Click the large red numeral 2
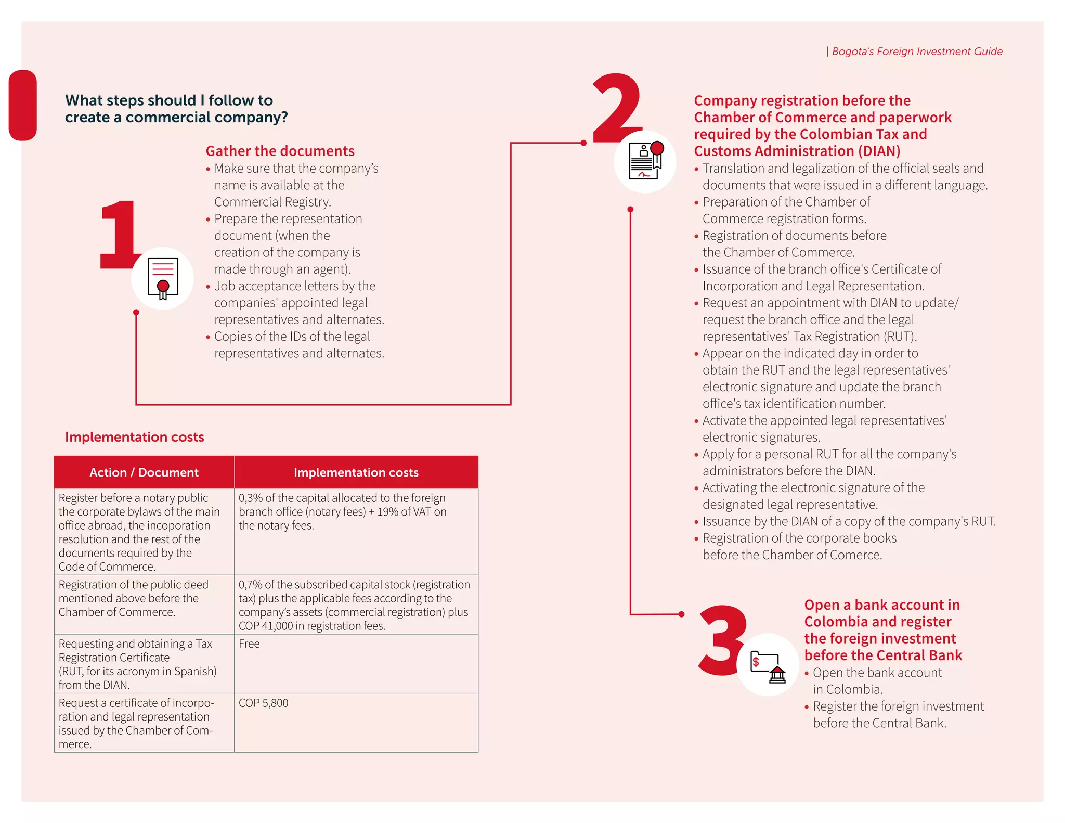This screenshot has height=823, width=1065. pos(617,109)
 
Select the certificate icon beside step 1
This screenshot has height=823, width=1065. pos(163,279)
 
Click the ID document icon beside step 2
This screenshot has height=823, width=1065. pos(645,161)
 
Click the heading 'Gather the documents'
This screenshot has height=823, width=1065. pos(280,151)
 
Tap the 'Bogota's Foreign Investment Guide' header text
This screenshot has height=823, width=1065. pos(916,52)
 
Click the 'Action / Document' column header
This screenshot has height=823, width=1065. pos(144,472)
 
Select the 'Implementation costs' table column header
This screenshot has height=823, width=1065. pos(356,472)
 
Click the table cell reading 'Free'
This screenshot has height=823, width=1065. pos(250,644)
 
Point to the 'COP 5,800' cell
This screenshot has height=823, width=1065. pos(263,703)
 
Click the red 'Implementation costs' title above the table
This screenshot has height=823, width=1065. pos(134,437)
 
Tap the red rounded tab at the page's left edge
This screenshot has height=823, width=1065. pos(23,105)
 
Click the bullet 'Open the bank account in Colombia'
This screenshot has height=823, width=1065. pos(877,680)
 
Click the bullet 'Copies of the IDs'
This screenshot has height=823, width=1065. pos(299,344)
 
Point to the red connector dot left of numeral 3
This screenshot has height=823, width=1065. pos(681,614)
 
